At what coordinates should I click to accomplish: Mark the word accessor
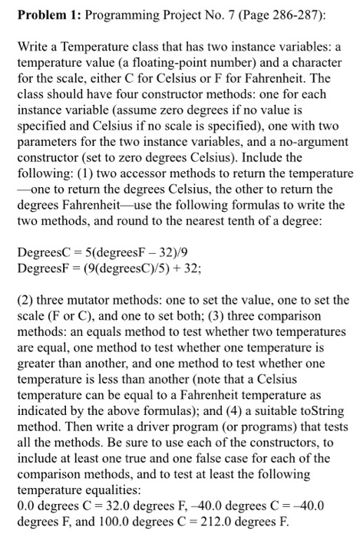[143, 173]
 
